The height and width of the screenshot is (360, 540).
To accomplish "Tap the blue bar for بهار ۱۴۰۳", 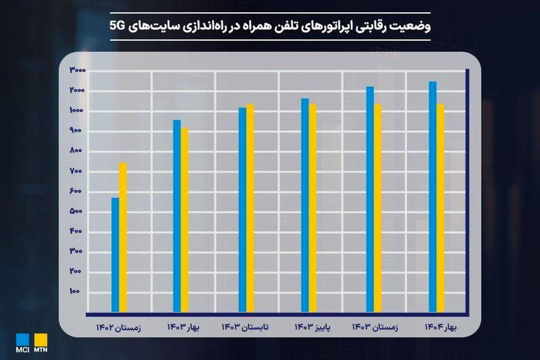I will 177,216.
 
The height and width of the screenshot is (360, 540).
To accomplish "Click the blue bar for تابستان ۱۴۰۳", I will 243,209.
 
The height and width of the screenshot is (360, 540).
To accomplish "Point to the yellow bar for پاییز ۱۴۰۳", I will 312,207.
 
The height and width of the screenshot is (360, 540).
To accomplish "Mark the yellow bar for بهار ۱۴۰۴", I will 440,207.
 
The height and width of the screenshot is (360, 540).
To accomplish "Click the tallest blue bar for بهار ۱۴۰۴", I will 432,196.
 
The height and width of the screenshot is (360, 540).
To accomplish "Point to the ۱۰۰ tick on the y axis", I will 75,291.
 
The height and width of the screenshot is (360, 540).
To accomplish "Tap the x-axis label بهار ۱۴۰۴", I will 440,327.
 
